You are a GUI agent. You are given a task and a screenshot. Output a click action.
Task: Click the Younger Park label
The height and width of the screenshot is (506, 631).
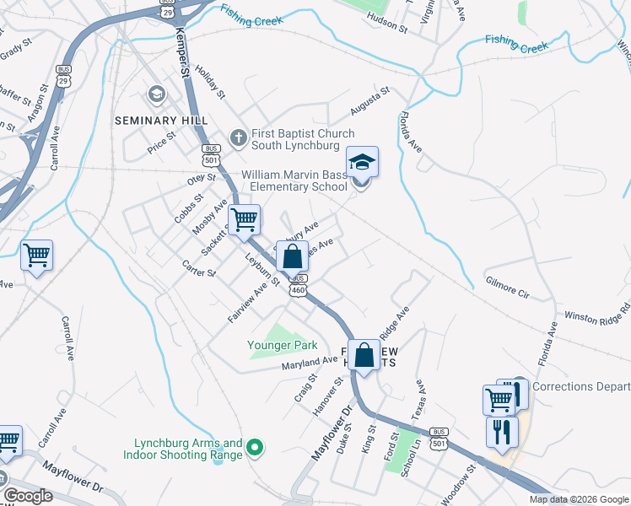(282, 344)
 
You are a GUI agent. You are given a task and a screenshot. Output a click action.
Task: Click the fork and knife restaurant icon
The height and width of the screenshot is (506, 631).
(503, 432)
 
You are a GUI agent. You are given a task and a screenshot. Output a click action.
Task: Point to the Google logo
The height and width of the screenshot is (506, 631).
(28, 496)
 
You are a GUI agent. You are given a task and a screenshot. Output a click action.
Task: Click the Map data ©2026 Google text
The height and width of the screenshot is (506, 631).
(578, 499)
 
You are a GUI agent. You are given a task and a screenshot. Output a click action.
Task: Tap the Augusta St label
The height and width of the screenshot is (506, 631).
(370, 101)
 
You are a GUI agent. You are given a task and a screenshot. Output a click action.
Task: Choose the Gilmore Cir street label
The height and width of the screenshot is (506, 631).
(506, 289)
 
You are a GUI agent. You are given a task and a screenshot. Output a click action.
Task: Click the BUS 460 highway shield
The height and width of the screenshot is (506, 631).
(298, 285)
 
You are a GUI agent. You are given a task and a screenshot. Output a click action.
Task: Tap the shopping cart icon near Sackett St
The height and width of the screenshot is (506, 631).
(245, 220)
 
